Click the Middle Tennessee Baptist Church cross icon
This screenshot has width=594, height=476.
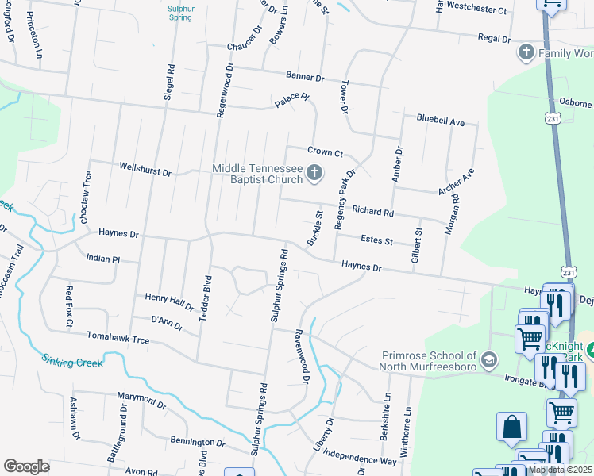314,173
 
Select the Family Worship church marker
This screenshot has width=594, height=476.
525,53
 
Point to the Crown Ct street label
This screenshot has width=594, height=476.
325,152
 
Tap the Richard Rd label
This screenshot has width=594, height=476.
373,213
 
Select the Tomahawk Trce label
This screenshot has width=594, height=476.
118,339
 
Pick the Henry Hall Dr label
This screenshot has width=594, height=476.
169,301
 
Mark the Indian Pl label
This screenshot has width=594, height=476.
102,259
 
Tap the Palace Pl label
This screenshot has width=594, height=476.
291,101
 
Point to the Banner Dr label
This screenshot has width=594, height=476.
305,77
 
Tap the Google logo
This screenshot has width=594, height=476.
26,466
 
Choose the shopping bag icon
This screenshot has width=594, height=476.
511,427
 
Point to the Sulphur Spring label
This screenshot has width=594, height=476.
180,12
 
